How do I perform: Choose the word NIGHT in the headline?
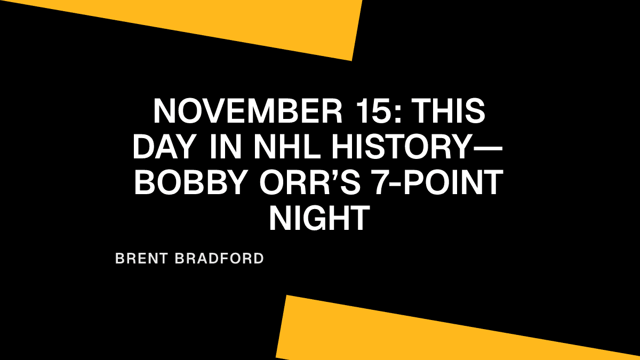coord(319,219)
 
